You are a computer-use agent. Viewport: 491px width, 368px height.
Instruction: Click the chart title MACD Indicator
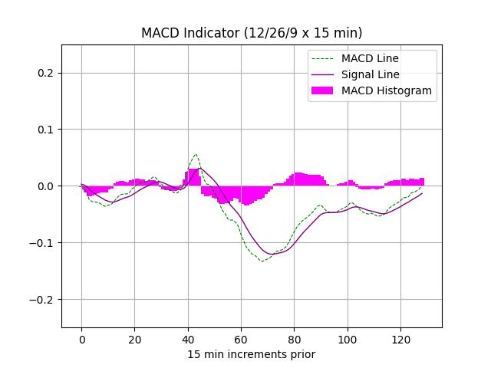click(252, 33)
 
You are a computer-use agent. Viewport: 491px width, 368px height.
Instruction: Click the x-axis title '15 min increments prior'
click(252, 354)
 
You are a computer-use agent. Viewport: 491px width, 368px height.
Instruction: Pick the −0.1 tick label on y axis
click(43, 243)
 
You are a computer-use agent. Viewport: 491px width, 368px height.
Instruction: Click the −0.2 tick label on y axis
click(43, 300)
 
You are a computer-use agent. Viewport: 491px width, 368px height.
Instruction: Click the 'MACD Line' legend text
click(370, 58)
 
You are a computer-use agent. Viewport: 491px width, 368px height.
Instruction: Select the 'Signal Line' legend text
click(371, 74)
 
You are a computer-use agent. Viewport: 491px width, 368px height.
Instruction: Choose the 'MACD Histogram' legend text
click(387, 90)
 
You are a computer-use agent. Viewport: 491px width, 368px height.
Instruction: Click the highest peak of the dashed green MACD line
click(196, 154)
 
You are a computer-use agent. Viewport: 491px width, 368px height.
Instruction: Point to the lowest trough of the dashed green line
click(262, 261)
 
